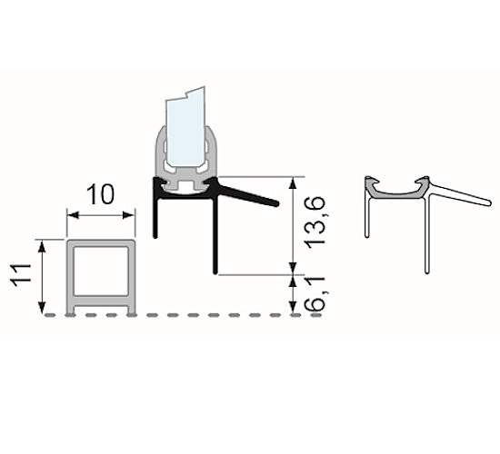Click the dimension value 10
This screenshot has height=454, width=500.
(x=101, y=194)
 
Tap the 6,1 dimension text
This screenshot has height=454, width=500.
(x=315, y=292)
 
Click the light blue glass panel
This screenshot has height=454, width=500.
(x=187, y=127)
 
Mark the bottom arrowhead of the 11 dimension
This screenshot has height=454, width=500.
(x=41, y=309)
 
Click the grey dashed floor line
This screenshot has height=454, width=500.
(x=182, y=316)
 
